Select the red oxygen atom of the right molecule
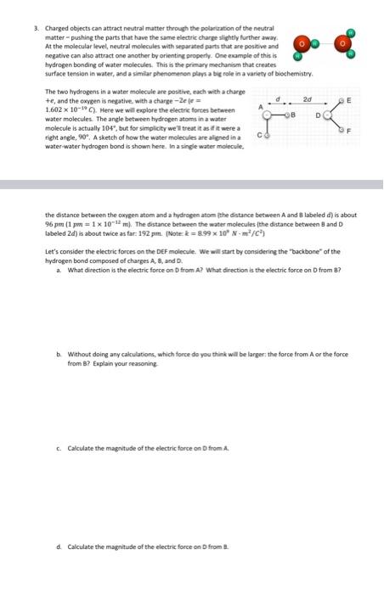point(343,42)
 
